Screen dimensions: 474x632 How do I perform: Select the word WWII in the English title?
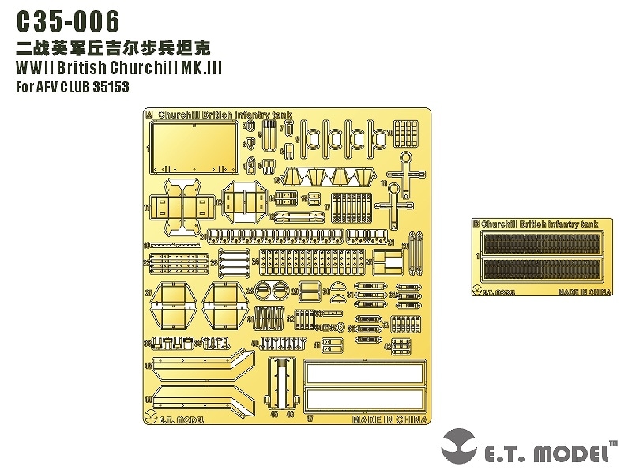point(36,69)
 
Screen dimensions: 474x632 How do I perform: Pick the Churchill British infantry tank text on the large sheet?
point(225,115)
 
